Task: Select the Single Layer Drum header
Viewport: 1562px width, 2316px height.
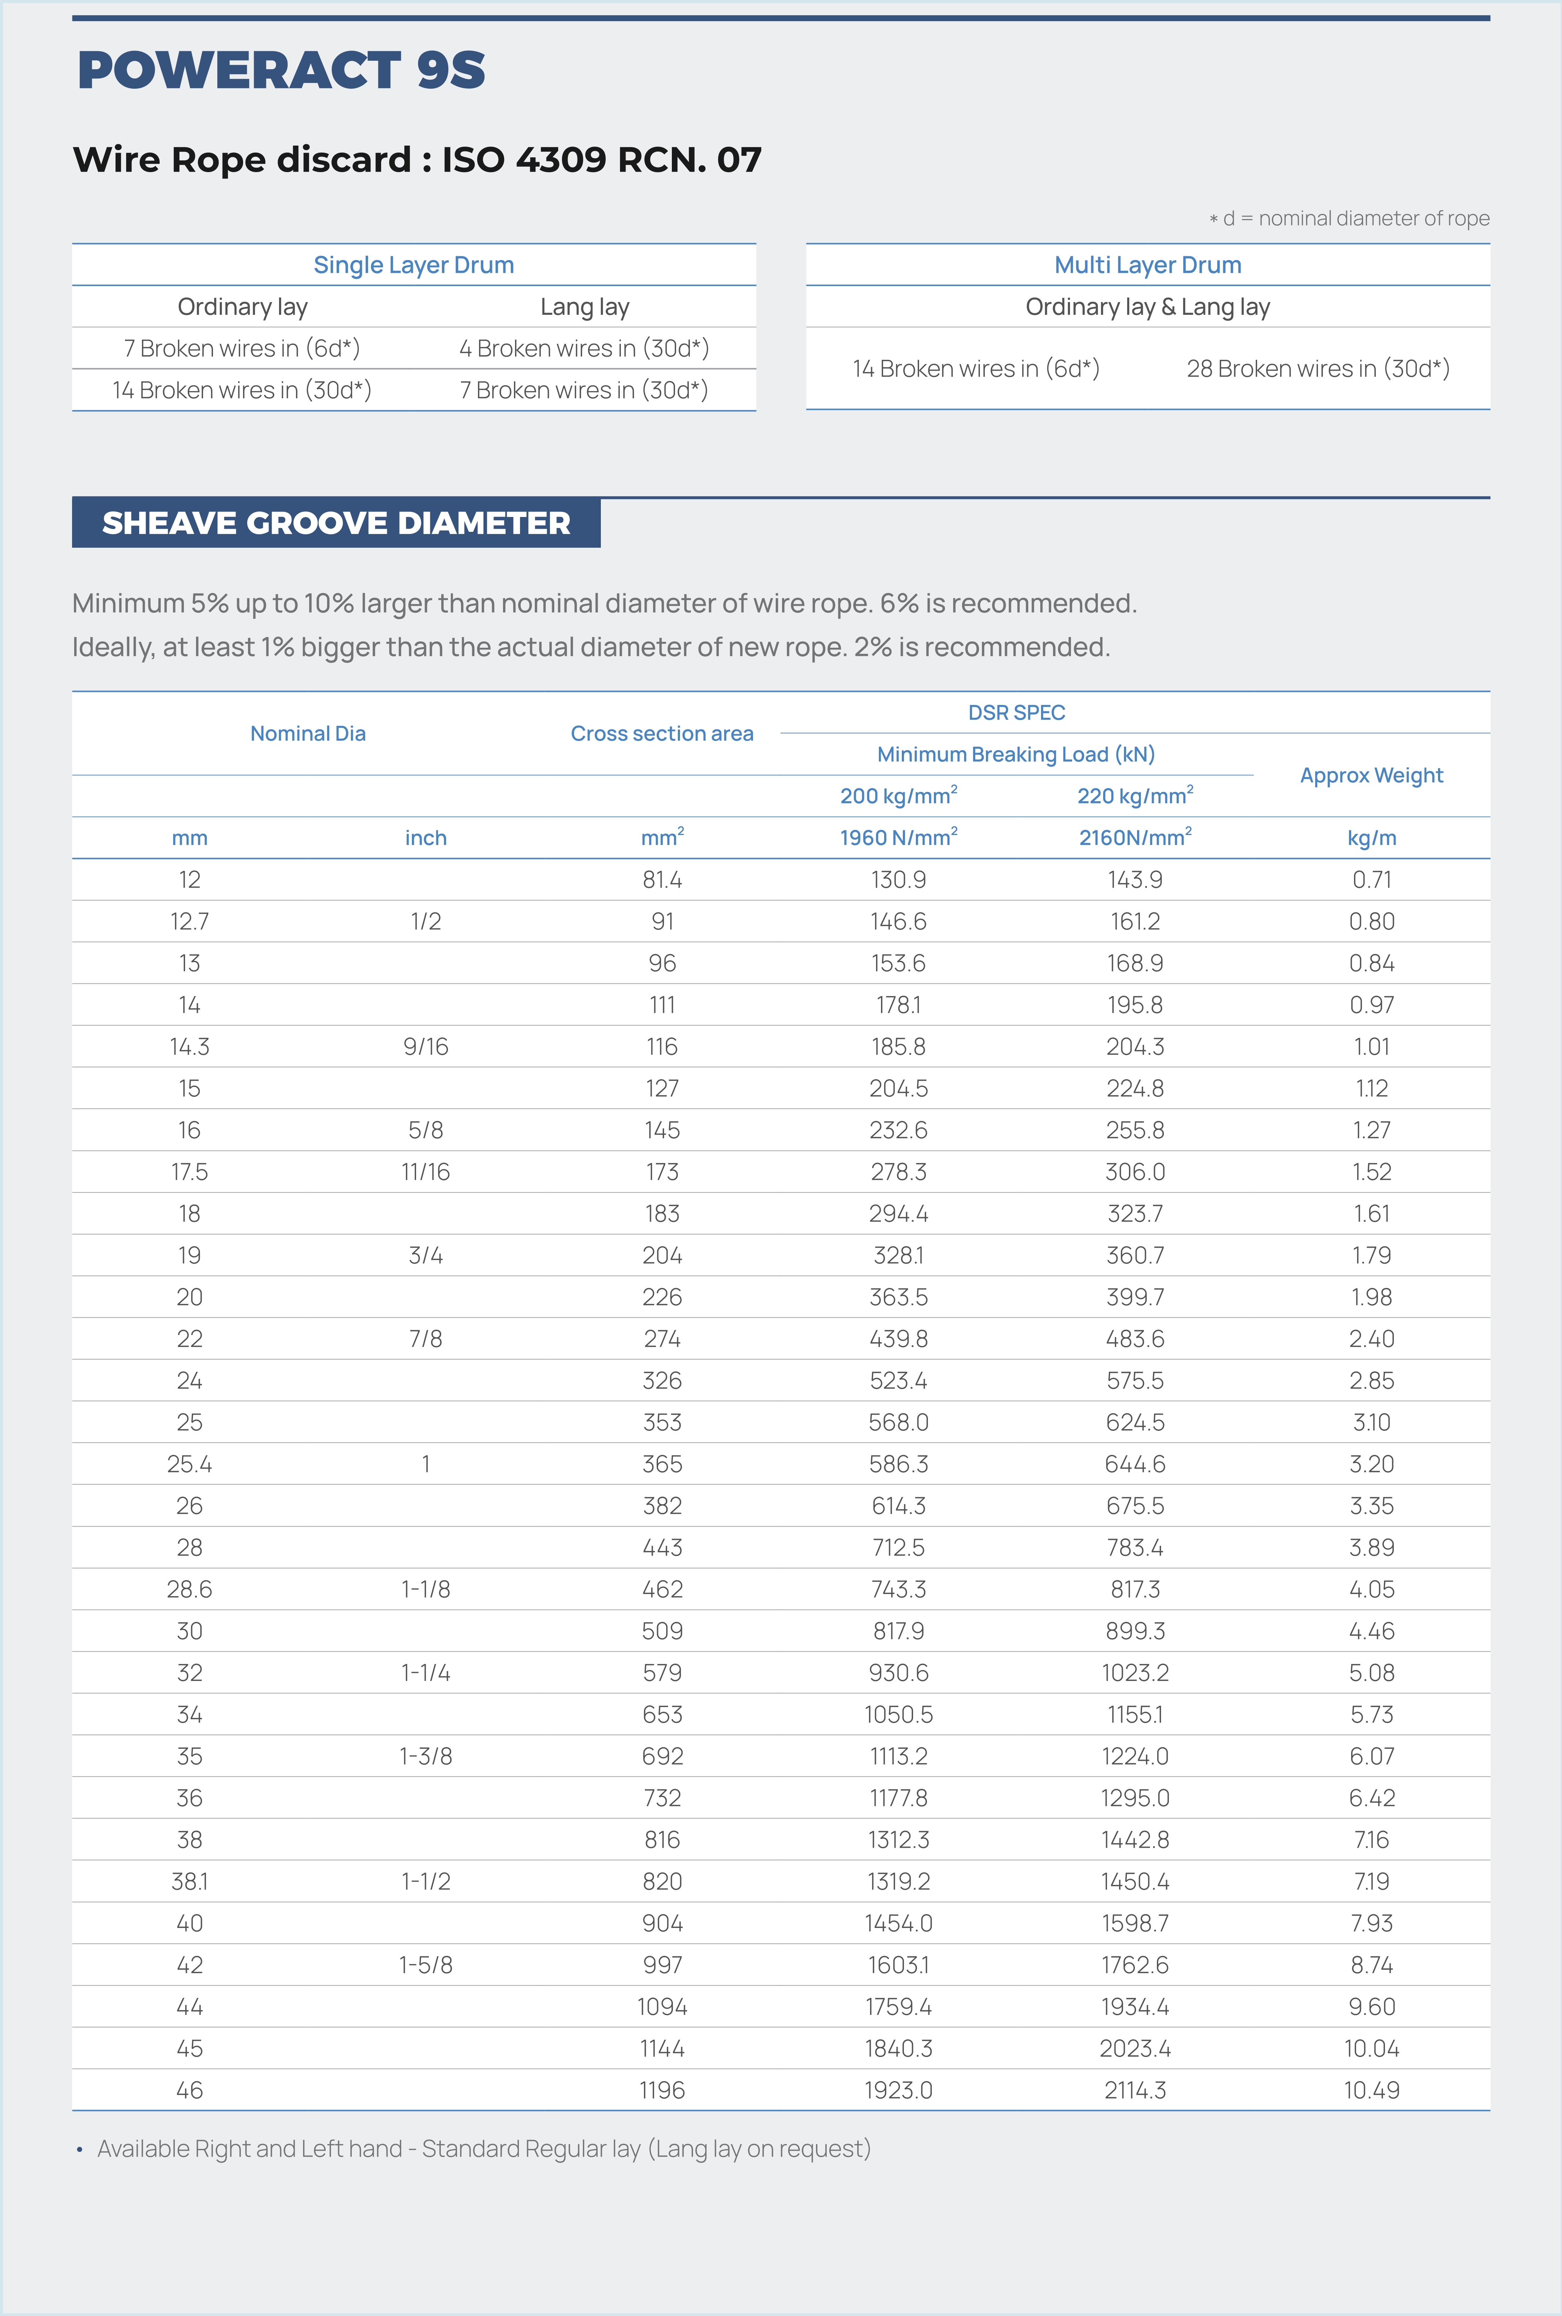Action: point(413,265)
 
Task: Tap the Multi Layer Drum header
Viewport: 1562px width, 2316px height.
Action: point(1148,265)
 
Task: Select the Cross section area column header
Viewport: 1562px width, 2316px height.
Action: point(662,734)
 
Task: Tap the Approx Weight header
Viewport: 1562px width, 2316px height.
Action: point(1371,775)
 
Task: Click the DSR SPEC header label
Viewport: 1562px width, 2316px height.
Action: point(1016,712)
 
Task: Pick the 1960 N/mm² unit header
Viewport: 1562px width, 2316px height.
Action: point(898,837)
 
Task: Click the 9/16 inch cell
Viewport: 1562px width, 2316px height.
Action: point(425,1046)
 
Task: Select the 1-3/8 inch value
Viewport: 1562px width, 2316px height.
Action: point(425,1756)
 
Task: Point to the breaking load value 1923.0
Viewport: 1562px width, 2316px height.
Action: point(898,2090)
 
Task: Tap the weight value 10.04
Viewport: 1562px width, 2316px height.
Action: point(1371,2048)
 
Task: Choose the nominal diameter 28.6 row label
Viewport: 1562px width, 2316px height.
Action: point(189,1589)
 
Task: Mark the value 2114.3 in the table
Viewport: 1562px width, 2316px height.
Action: point(1135,2090)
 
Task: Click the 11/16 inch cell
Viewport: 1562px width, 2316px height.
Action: point(425,1172)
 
